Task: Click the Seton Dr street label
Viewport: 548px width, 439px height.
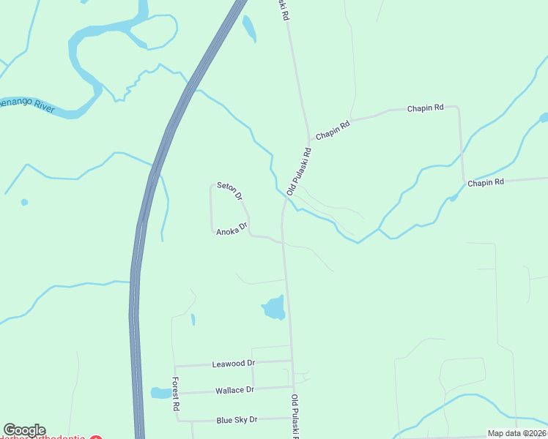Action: pyautogui.click(x=229, y=191)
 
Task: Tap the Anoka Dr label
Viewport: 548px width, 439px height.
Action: pyautogui.click(x=232, y=229)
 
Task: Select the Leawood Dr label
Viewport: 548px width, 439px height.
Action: pyautogui.click(x=233, y=363)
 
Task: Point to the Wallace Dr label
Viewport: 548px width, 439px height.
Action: pyautogui.click(x=234, y=390)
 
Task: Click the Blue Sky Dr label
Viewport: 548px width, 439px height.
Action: pyautogui.click(x=237, y=420)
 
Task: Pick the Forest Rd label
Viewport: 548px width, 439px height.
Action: pyautogui.click(x=176, y=393)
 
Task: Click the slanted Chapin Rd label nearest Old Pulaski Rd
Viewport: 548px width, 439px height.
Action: pyautogui.click(x=333, y=130)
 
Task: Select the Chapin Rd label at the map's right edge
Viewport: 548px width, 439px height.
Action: pyautogui.click(x=486, y=182)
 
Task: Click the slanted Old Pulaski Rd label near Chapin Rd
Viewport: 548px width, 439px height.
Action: pyautogui.click(x=300, y=171)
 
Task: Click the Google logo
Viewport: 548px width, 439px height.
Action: pyautogui.click(x=23, y=430)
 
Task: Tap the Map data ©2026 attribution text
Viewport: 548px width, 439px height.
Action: pyautogui.click(x=517, y=433)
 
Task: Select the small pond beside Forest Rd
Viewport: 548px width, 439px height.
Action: pyautogui.click(x=160, y=393)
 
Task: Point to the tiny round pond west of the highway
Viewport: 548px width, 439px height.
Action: pyautogui.click(x=25, y=202)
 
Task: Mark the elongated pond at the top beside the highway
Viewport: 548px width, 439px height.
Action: pyautogui.click(x=249, y=28)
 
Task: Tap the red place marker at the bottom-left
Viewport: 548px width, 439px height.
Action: pyautogui.click(x=95, y=437)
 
